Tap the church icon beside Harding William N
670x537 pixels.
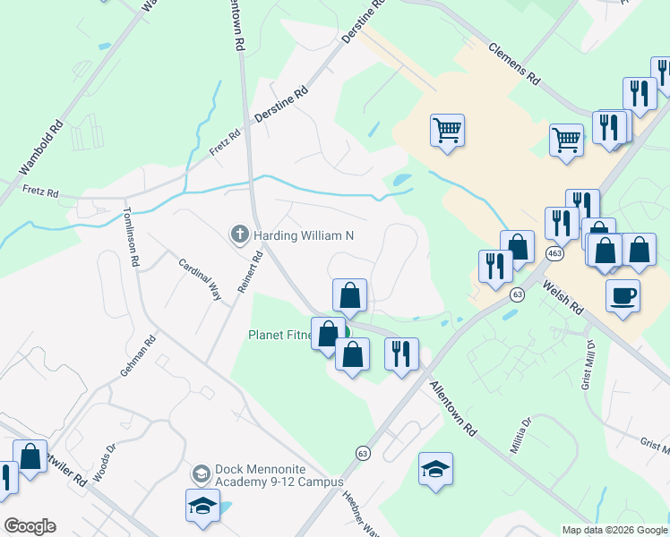pyautogui.click(x=239, y=235)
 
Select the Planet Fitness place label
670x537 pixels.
pyautogui.click(x=280, y=336)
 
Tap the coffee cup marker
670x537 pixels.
pyautogui.click(x=623, y=295)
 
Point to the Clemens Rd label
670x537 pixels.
pyautogui.click(x=514, y=64)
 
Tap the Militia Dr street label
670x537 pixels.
pyautogui.click(x=520, y=435)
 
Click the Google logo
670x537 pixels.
pyautogui.click(x=30, y=526)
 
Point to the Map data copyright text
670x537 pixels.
pyautogui.click(x=614, y=530)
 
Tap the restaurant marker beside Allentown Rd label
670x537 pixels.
pyautogui.click(x=401, y=353)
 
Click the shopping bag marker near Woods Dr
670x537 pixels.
pyautogui.click(x=30, y=457)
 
